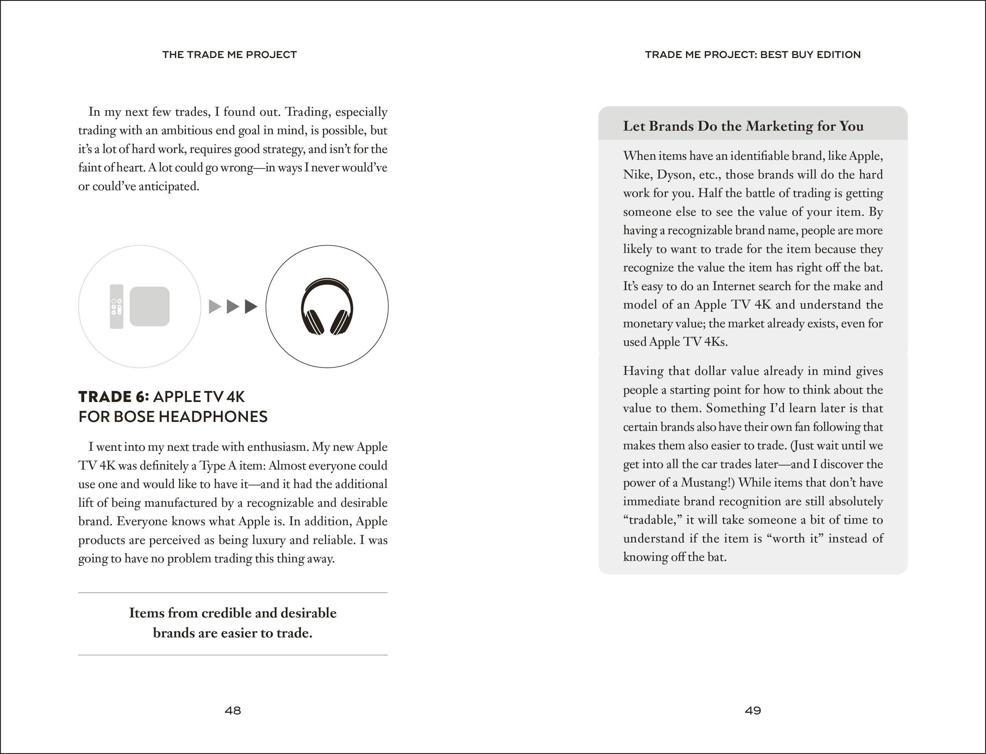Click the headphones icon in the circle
327,306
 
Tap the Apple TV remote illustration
117,306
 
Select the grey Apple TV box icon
149,306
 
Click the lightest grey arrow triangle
215,306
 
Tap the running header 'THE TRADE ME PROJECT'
229,55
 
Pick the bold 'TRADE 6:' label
114,397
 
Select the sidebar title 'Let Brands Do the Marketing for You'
743,126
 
